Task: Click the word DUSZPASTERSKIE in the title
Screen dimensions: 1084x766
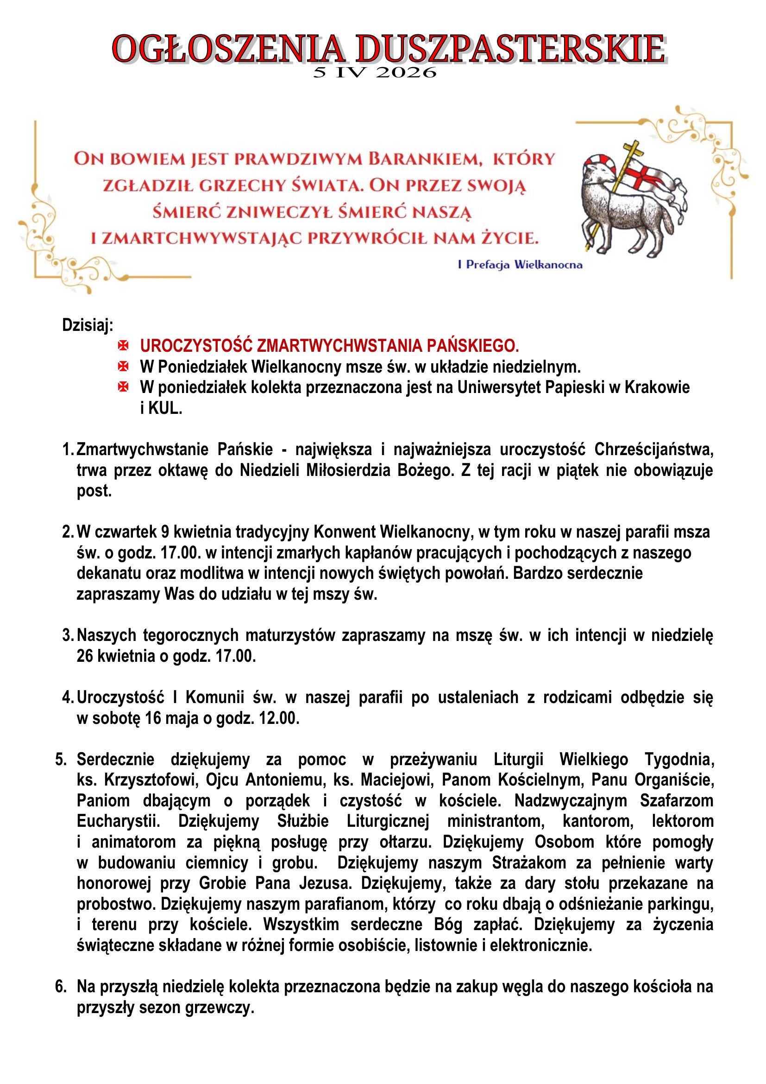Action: pyautogui.click(x=510, y=49)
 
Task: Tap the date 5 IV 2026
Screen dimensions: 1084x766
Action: pyautogui.click(x=375, y=73)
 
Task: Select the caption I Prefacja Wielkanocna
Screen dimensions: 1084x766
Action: pyautogui.click(x=520, y=265)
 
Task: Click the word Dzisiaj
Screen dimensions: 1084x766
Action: pyautogui.click(x=88, y=325)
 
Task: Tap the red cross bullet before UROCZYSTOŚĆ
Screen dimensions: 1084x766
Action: pyautogui.click(x=123, y=346)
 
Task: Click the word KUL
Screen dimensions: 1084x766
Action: pyautogui.click(x=165, y=408)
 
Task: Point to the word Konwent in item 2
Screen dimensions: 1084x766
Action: pyautogui.click(x=345, y=532)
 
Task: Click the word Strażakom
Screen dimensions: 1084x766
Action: pyautogui.click(x=529, y=863)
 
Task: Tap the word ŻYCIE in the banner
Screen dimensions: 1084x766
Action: pyautogui.click(x=509, y=238)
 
